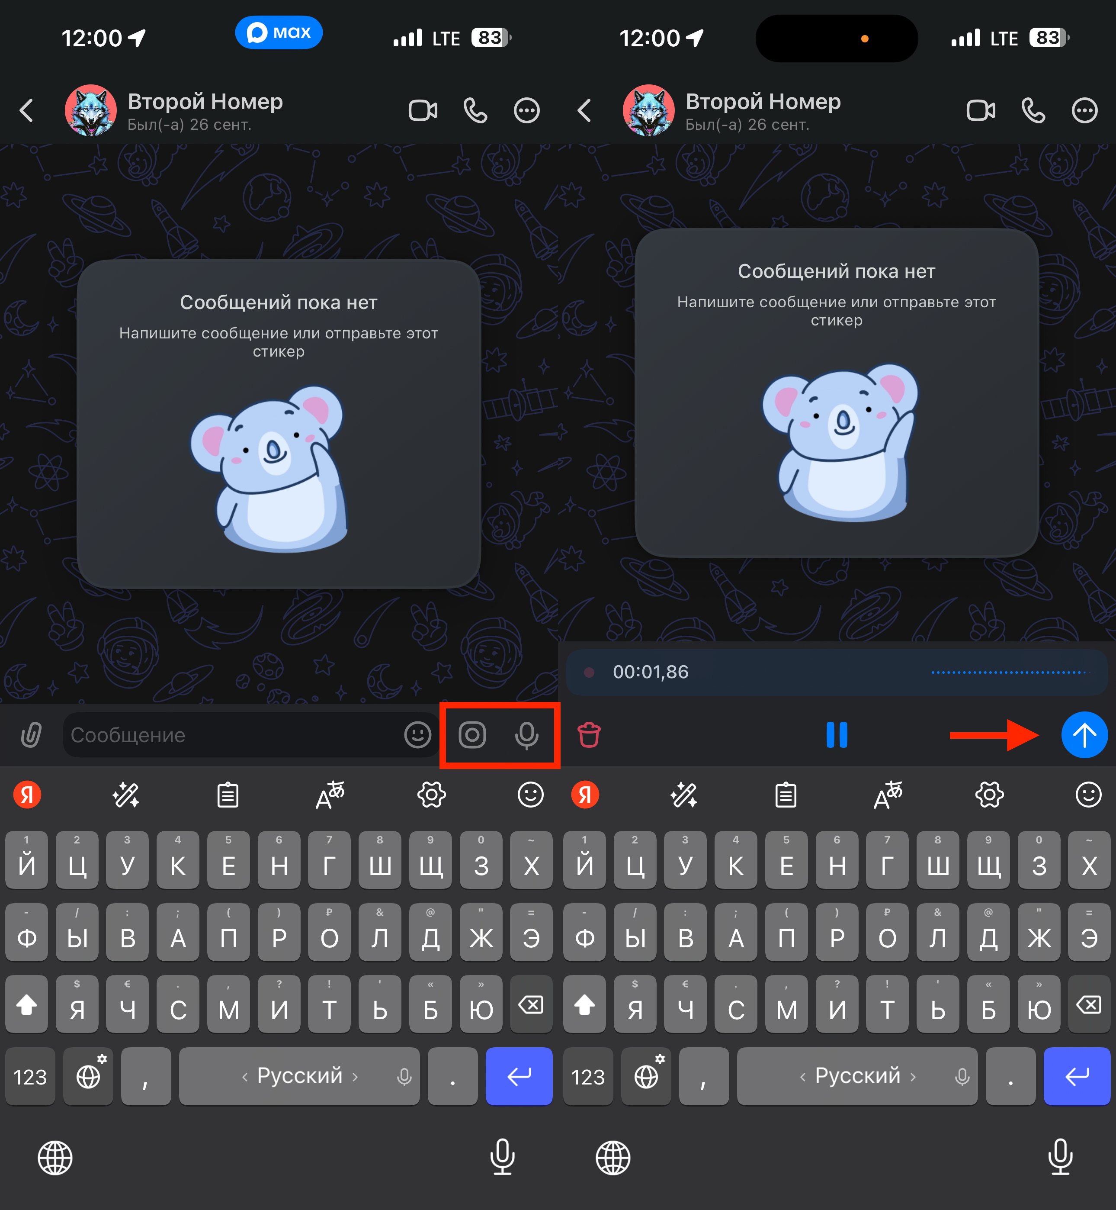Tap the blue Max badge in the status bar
(279, 32)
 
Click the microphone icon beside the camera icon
(526, 735)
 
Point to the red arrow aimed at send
(994, 735)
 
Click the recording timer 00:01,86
(651, 672)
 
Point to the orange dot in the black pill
(865, 39)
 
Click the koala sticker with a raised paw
(840, 441)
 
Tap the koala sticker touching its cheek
(269, 469)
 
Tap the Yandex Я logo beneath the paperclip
(27, 795)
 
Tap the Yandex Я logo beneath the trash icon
(585, 795)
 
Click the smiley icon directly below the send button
(1088, 795)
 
